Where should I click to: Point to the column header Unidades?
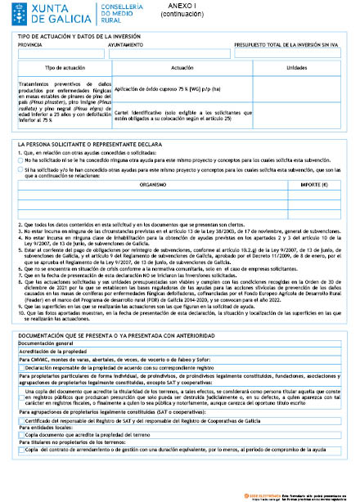pos(297,68)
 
